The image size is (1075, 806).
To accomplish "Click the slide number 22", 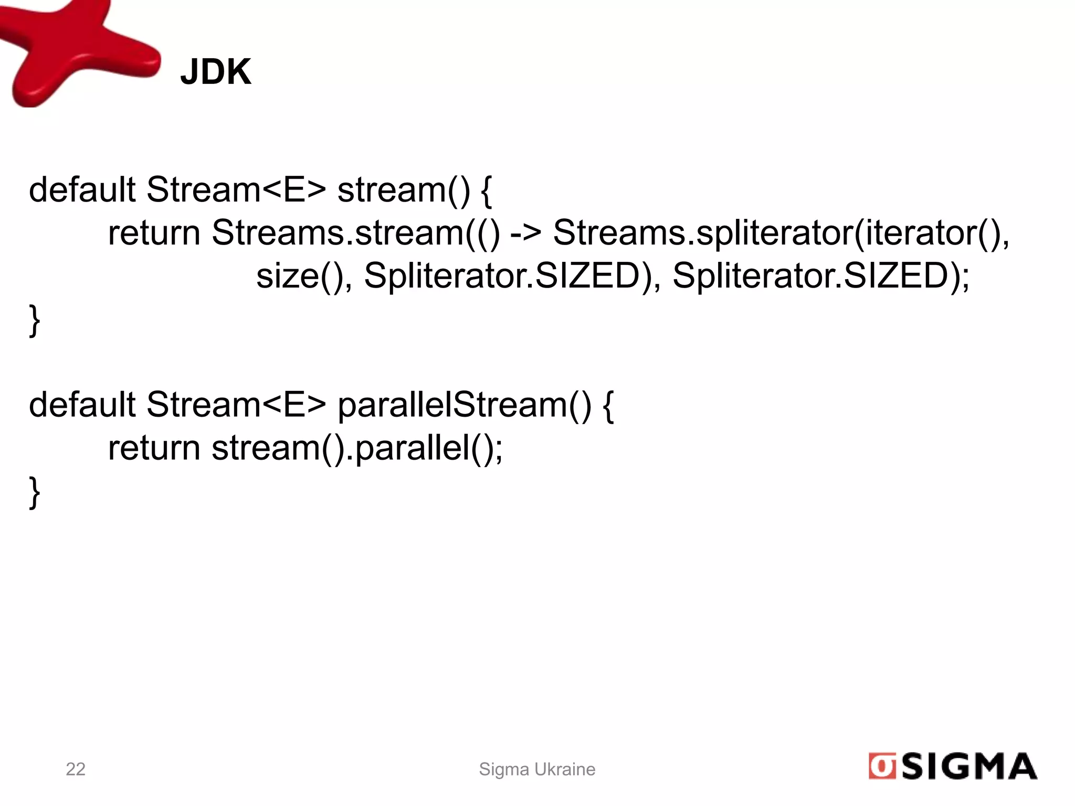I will click(76, 769).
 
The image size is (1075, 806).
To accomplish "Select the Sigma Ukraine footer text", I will click(537, 769).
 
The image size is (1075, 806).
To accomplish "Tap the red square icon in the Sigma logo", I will click(882, 767).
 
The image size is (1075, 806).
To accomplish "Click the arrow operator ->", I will click(525, 232).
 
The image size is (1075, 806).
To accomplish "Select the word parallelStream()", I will click(464, 405).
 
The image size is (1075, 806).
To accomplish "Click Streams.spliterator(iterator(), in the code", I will click(781, 232).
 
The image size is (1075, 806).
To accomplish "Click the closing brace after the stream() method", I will click(35, 320).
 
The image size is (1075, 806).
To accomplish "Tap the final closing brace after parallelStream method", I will click(35, 492).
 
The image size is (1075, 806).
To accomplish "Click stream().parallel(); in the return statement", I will click(357, 449).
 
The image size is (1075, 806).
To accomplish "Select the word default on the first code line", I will click(82, 189).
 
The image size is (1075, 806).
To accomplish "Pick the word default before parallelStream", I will click(82, 405).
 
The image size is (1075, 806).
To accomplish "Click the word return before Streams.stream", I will click(154, 232).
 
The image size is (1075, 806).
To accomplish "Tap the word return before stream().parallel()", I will click(154, 449).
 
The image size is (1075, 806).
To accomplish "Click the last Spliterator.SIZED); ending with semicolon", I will click(821, 275).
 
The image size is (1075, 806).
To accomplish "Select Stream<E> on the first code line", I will click(236, 189).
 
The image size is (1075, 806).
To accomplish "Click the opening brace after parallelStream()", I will click(608, 406).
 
